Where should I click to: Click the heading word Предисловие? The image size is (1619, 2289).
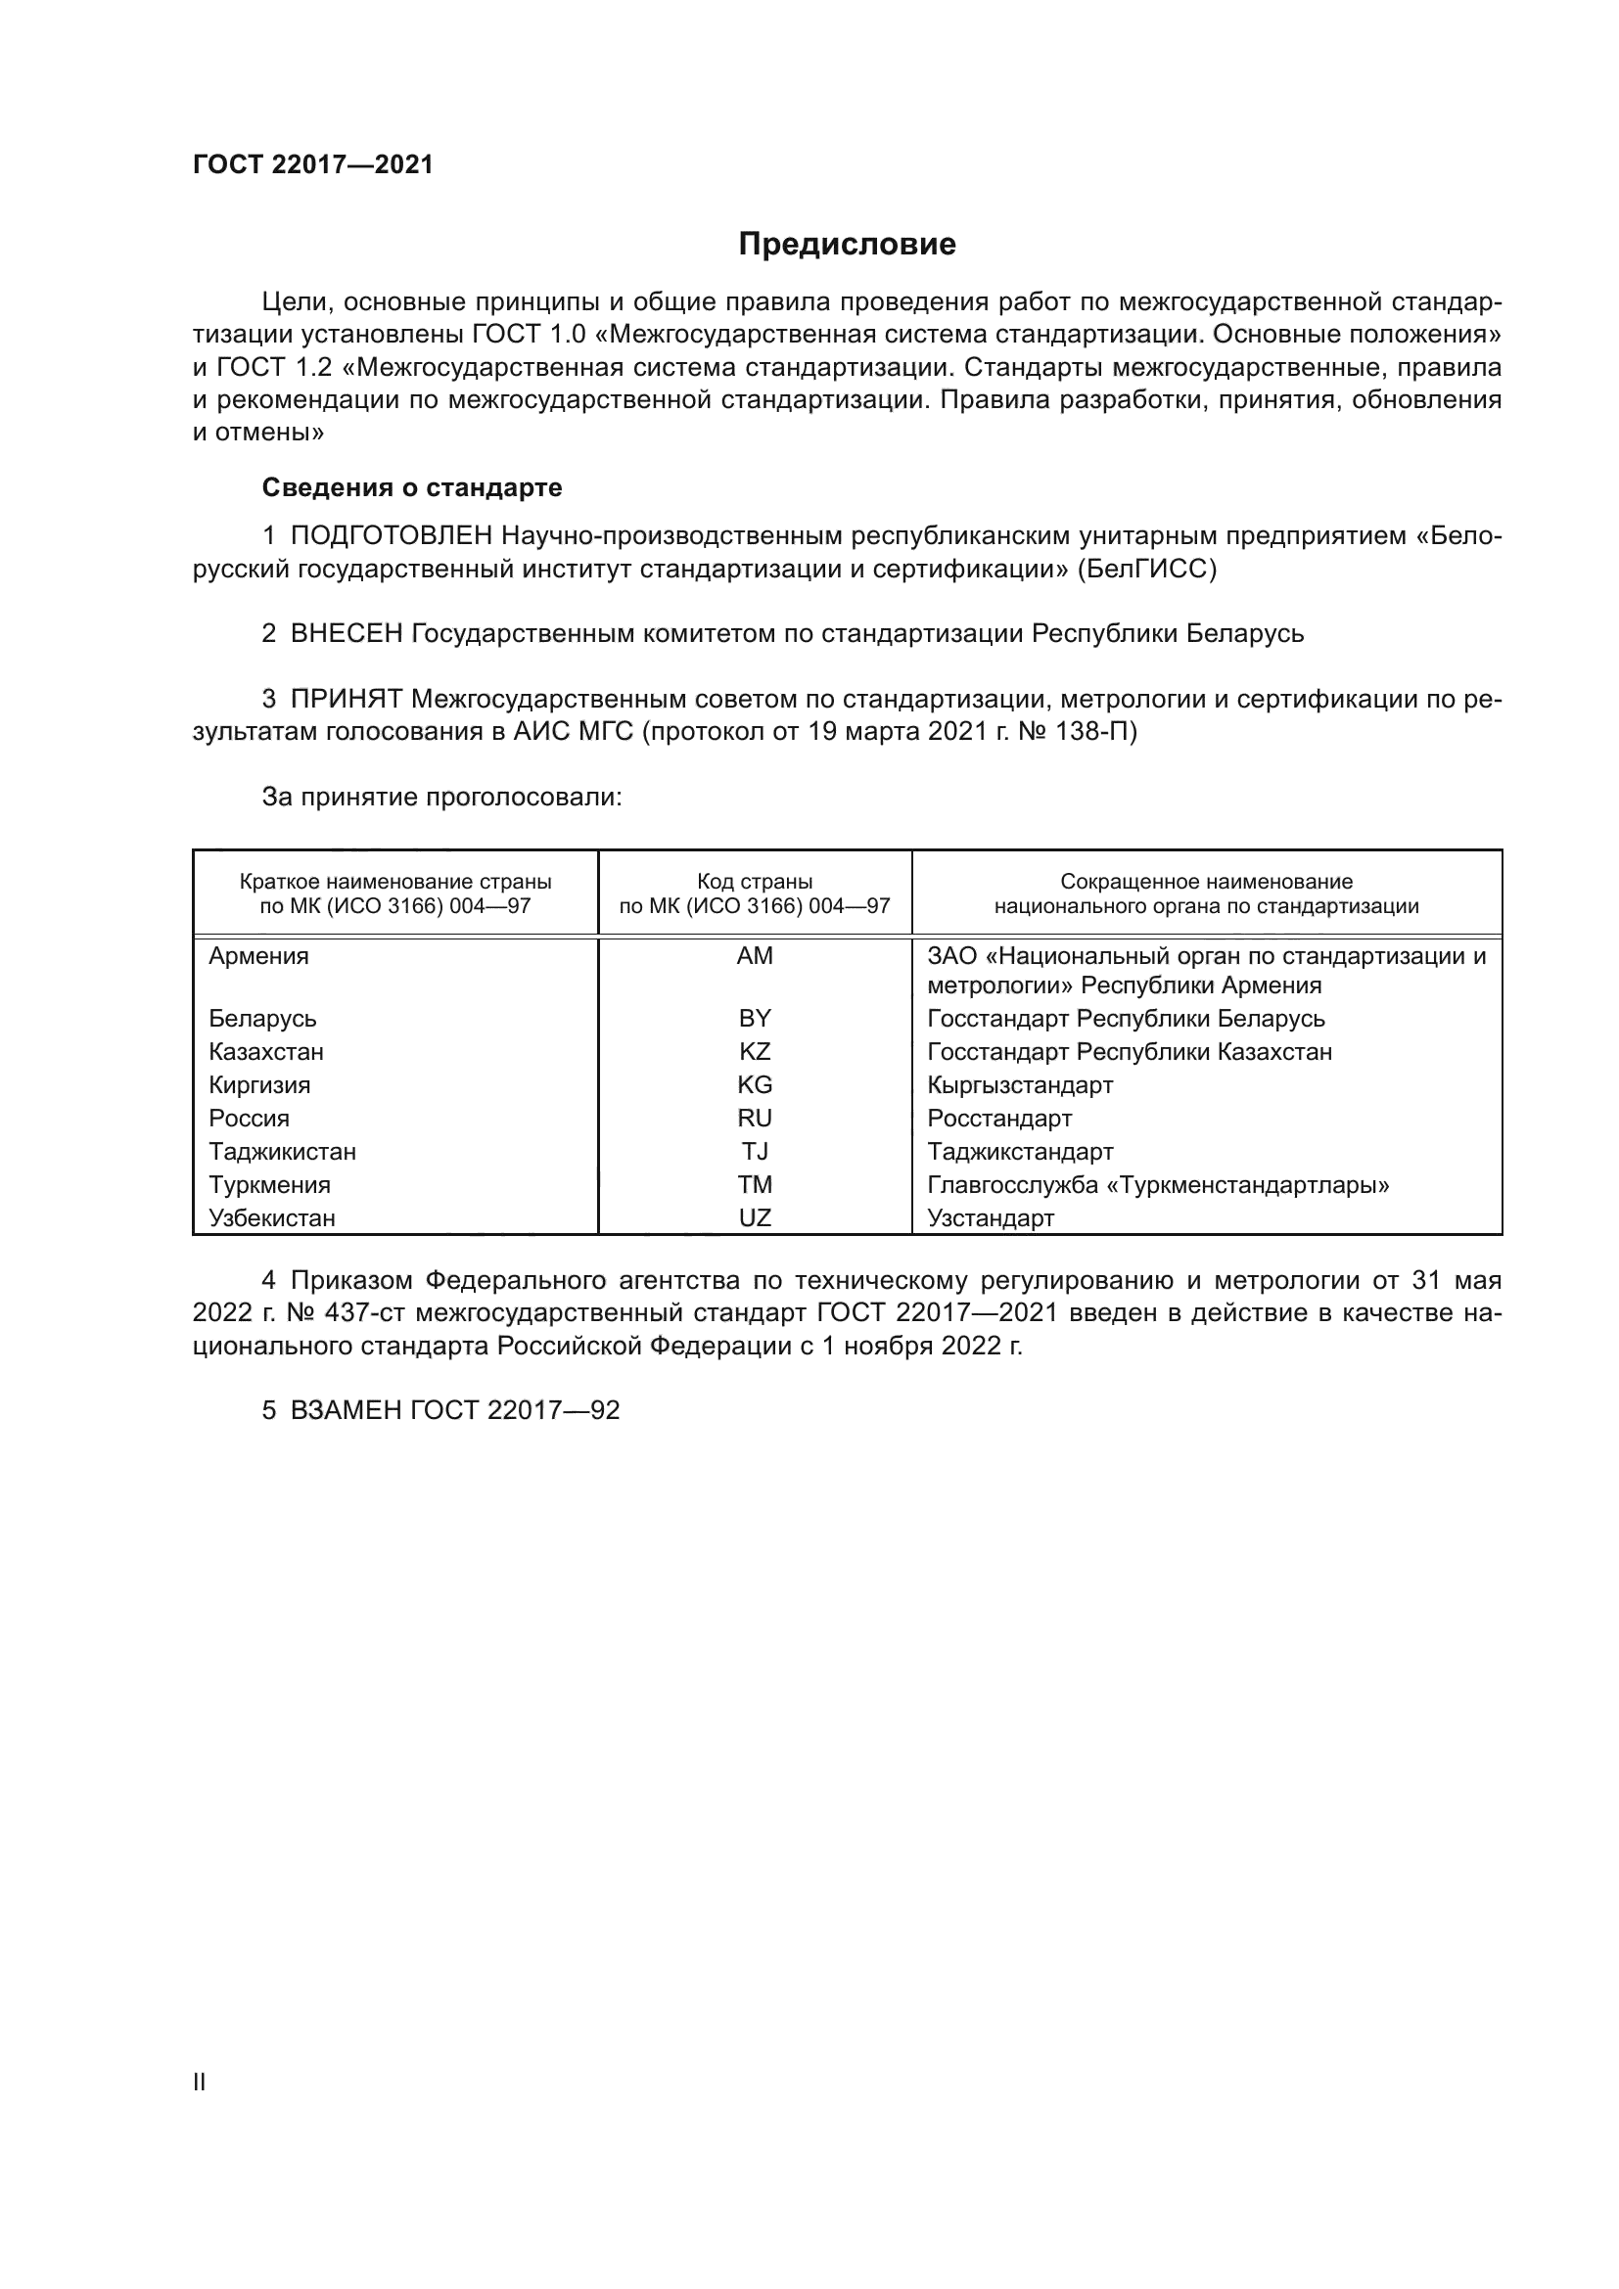[847, 245]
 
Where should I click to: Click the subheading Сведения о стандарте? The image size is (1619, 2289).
[412, 487]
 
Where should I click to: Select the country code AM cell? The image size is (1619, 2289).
[755, 956]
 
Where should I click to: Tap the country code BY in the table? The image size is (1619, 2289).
[755, 1018]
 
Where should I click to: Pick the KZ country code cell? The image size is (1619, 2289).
[755, 1052]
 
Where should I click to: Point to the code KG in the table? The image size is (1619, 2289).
[755, 1084]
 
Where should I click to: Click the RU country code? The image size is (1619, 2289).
[755, 1119]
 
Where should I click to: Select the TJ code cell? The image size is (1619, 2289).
[755, 1152]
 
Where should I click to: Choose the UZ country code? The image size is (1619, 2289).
[755, 1218]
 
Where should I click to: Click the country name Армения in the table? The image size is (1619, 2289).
[259, 956]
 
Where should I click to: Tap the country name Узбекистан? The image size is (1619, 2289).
[272, 1218]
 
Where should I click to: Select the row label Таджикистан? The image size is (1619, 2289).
[282, 1152]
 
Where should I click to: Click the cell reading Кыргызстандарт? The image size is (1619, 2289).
[1020, 1084]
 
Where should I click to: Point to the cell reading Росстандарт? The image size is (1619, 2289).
[999, 1119]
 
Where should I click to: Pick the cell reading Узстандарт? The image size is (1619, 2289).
[990, 1218]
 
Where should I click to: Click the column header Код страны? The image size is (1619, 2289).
[755, 883]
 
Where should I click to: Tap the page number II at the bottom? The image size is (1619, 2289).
[200, 2082]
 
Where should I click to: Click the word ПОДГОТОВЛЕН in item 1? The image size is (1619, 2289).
[392, 536]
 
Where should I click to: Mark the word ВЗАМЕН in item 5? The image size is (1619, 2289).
[347, 1409]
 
